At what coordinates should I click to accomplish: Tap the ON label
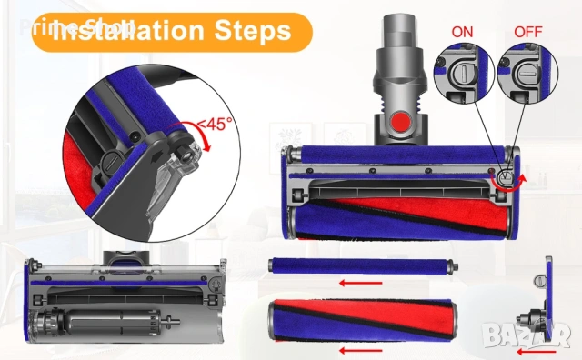pos(463,31)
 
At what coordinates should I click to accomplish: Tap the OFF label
pos(527,31)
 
